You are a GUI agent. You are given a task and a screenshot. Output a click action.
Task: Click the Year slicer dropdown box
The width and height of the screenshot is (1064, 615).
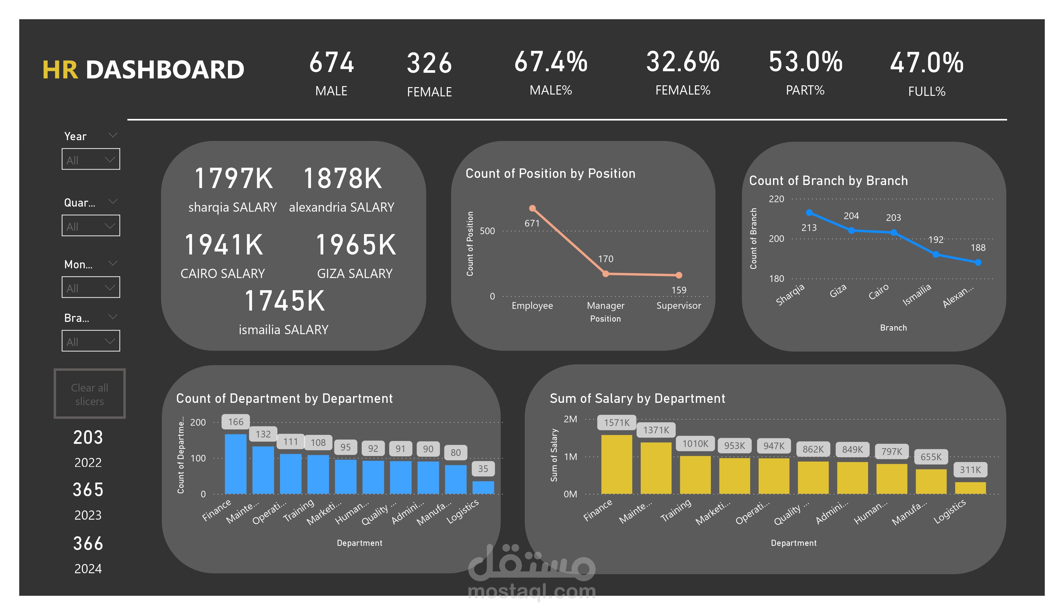coord(91,159)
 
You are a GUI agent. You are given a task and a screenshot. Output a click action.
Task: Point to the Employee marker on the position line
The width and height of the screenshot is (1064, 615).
coord(533,208)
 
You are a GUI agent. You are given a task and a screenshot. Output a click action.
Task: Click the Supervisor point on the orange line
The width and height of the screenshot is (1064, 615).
coord(678,275)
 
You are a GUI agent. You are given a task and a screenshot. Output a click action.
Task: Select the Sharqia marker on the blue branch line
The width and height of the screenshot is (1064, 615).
coord(809,212)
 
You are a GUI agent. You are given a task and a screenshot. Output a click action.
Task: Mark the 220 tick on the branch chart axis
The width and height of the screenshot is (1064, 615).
coord(776,199)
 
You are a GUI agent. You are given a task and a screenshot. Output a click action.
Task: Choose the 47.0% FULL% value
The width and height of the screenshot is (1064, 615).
coord(926,63)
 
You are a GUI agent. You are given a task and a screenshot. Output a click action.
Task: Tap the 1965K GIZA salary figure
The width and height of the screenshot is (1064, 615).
coord(356,245)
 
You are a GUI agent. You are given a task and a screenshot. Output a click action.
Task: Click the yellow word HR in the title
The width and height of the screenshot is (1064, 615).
coord(60,70)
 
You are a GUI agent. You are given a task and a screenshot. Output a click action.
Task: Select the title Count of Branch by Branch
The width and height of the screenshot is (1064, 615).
coord(828,181)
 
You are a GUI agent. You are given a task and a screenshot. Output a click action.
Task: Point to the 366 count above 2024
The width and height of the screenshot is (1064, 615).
coord(88,543)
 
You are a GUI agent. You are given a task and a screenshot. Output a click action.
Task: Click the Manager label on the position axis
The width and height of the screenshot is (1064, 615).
coord(605,306)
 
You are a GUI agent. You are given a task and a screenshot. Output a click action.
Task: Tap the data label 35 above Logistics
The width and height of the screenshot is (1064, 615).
coord(483,468)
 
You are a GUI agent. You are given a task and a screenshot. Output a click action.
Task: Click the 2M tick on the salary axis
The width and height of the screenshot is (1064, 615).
coord(570,419)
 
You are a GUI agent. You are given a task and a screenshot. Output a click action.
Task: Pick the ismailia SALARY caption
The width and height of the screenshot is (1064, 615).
coord(283,330)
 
